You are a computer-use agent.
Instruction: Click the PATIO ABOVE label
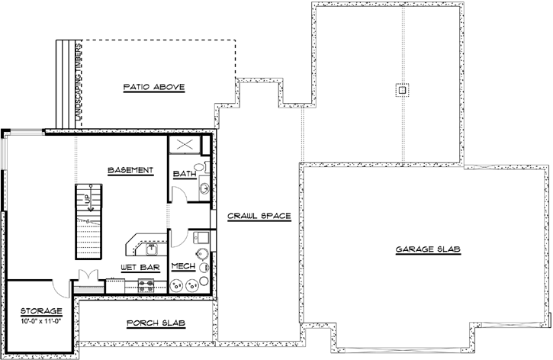click(153, 87)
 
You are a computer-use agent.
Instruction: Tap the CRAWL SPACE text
click(259, 216)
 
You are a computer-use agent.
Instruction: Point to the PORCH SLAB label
click(156, 323)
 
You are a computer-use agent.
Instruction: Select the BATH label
click(184, 174)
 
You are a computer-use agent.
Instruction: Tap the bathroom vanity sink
click(204, 187)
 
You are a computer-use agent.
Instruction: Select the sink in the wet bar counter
click(151, 248)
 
